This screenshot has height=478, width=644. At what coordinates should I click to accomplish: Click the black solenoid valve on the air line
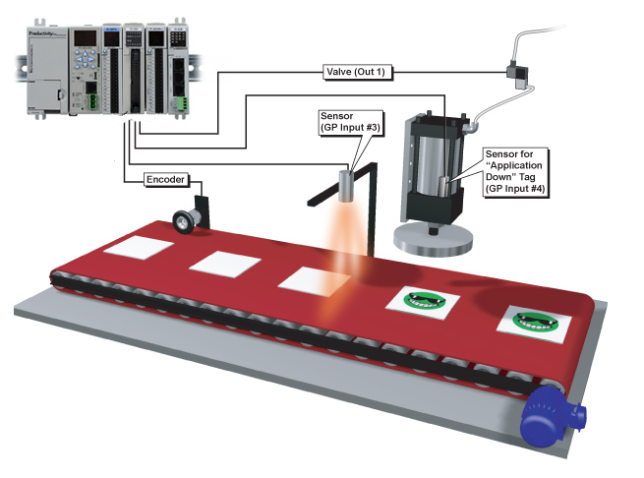pos(512,72)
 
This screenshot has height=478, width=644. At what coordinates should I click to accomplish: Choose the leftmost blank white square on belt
pos(136,247)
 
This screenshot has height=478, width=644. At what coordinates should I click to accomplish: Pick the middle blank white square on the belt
pos(223,263)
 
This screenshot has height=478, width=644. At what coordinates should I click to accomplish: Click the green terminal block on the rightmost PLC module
pos(180,100)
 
